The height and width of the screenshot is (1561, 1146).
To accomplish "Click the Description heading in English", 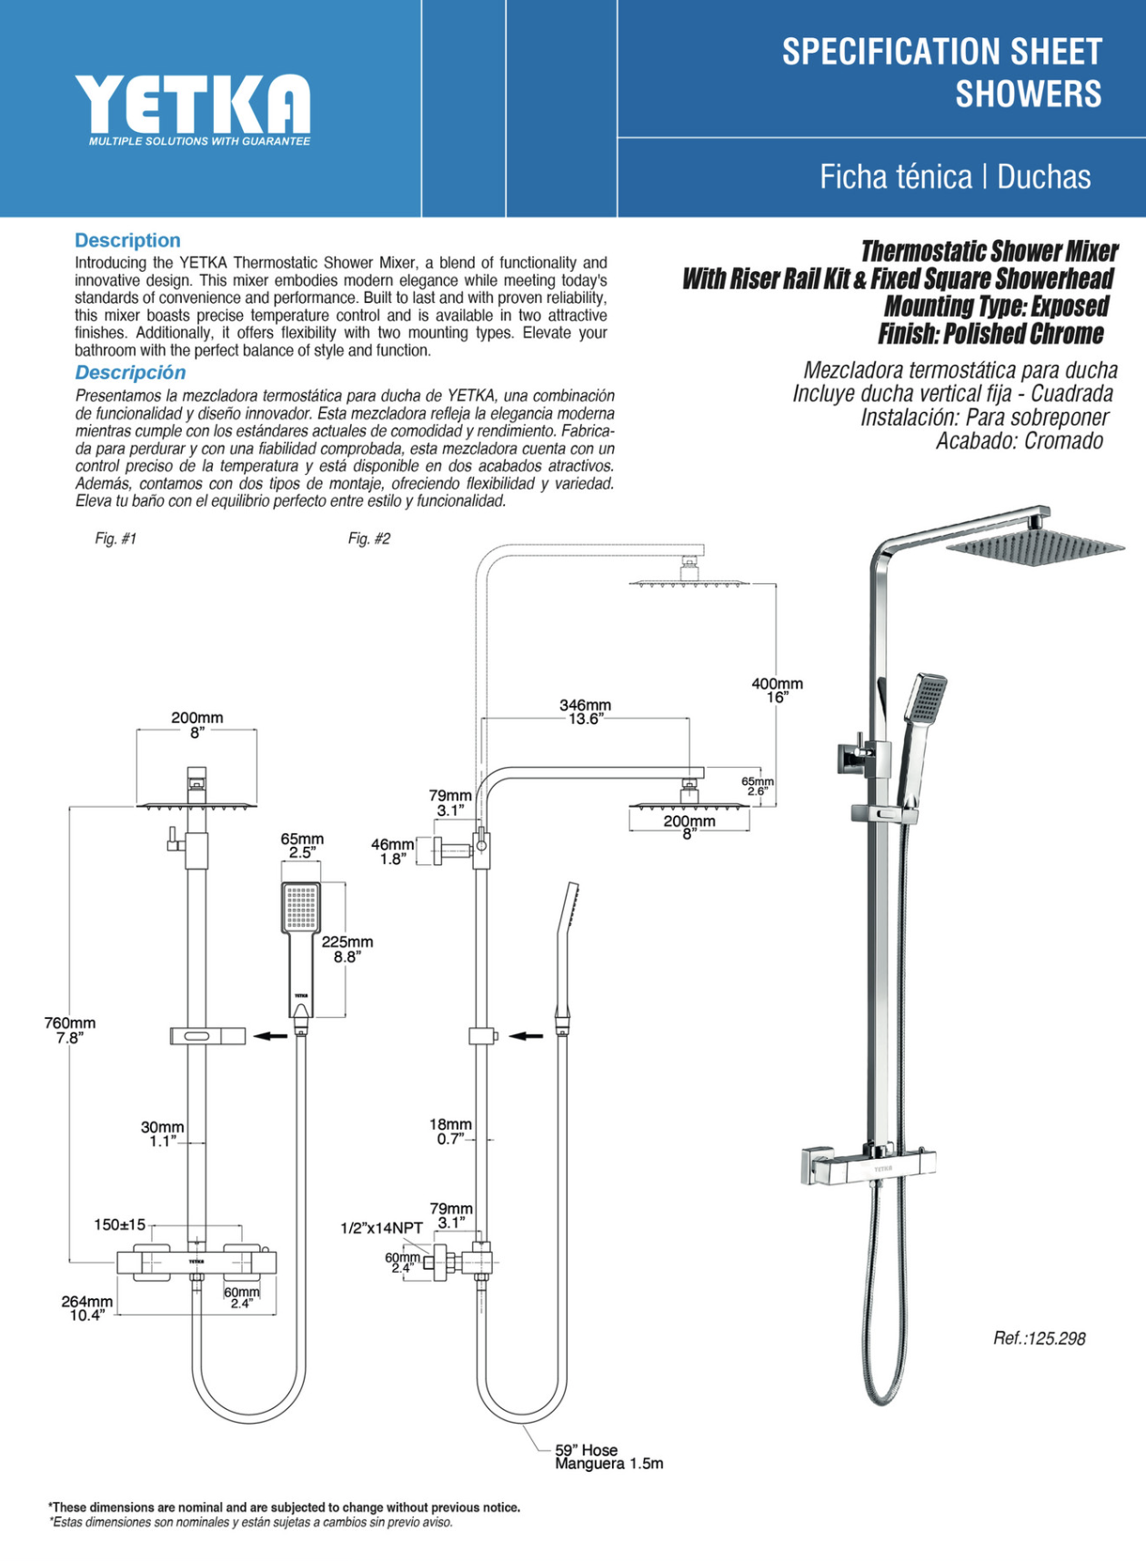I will pos(127,240).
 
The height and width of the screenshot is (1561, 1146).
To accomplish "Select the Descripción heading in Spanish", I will pos(130,372).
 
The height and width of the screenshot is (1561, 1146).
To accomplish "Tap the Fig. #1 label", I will pos(116,539).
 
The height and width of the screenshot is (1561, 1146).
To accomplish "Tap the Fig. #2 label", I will pos(368,539).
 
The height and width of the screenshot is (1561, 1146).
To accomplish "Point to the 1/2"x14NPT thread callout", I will pos(381,1228).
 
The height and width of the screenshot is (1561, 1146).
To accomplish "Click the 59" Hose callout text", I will pos(587,1450).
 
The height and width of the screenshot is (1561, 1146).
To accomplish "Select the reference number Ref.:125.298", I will pos(1039,1338).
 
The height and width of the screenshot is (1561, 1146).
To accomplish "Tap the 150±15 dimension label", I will pos(119,1224).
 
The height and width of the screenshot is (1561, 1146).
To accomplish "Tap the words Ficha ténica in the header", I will pos(895,176).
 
